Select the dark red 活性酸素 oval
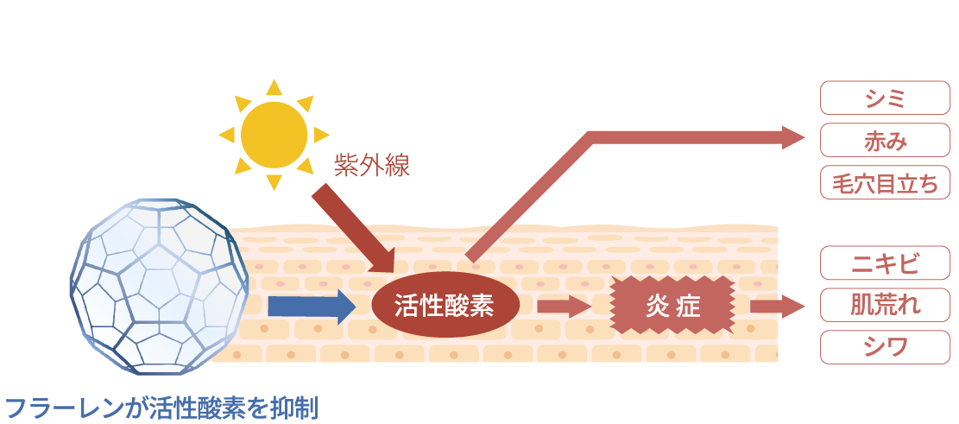445,306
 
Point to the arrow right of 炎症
776,306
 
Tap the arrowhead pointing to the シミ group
792,137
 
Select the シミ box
885,98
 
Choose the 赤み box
885,141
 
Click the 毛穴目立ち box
885,183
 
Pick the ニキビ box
885,263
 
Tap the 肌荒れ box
885,305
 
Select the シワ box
885,347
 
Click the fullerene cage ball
160,285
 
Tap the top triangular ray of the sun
274,86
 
